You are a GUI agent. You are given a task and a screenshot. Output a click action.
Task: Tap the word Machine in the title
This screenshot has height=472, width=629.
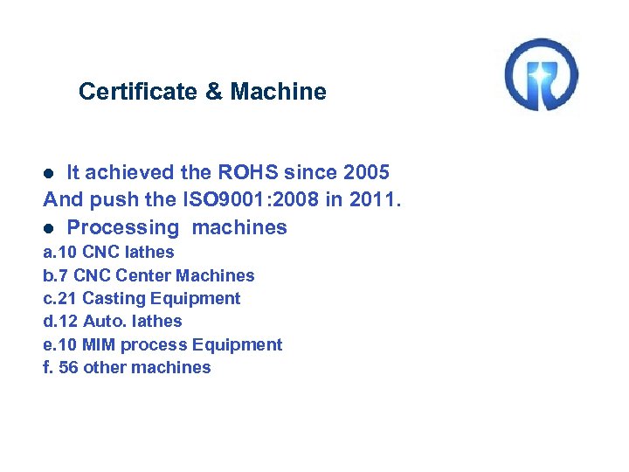tap(280, 92)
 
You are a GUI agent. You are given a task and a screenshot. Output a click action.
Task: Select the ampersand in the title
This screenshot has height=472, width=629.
tap(213, 92)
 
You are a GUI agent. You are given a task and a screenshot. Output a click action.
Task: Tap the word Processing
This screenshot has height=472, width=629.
tap(122, 228)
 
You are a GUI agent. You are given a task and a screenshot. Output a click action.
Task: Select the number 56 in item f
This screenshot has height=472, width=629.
tap(68, 367)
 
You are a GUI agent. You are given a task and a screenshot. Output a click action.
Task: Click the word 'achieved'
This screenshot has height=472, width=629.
tap(129, 172)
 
